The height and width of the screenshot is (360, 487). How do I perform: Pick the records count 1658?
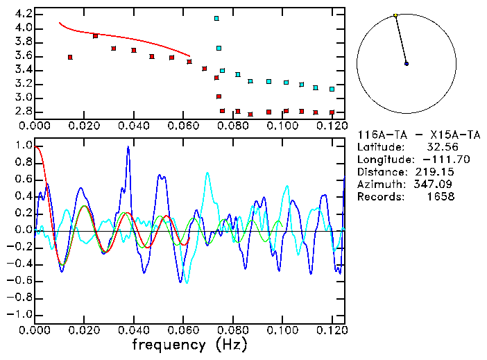[x=441, y=196]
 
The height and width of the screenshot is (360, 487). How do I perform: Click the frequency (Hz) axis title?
[x=189, y=344]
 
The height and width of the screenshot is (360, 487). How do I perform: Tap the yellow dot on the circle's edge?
[x=395, y=15]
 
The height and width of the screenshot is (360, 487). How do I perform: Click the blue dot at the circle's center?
[x=407, y=64]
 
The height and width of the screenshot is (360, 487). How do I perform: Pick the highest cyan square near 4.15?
[x=216, y=19]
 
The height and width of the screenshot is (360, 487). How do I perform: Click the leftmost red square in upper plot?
[x=70, y=57]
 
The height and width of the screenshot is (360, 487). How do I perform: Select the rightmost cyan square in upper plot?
[x=332, y=89]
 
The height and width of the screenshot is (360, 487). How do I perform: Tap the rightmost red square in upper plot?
[x=332, y=112]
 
